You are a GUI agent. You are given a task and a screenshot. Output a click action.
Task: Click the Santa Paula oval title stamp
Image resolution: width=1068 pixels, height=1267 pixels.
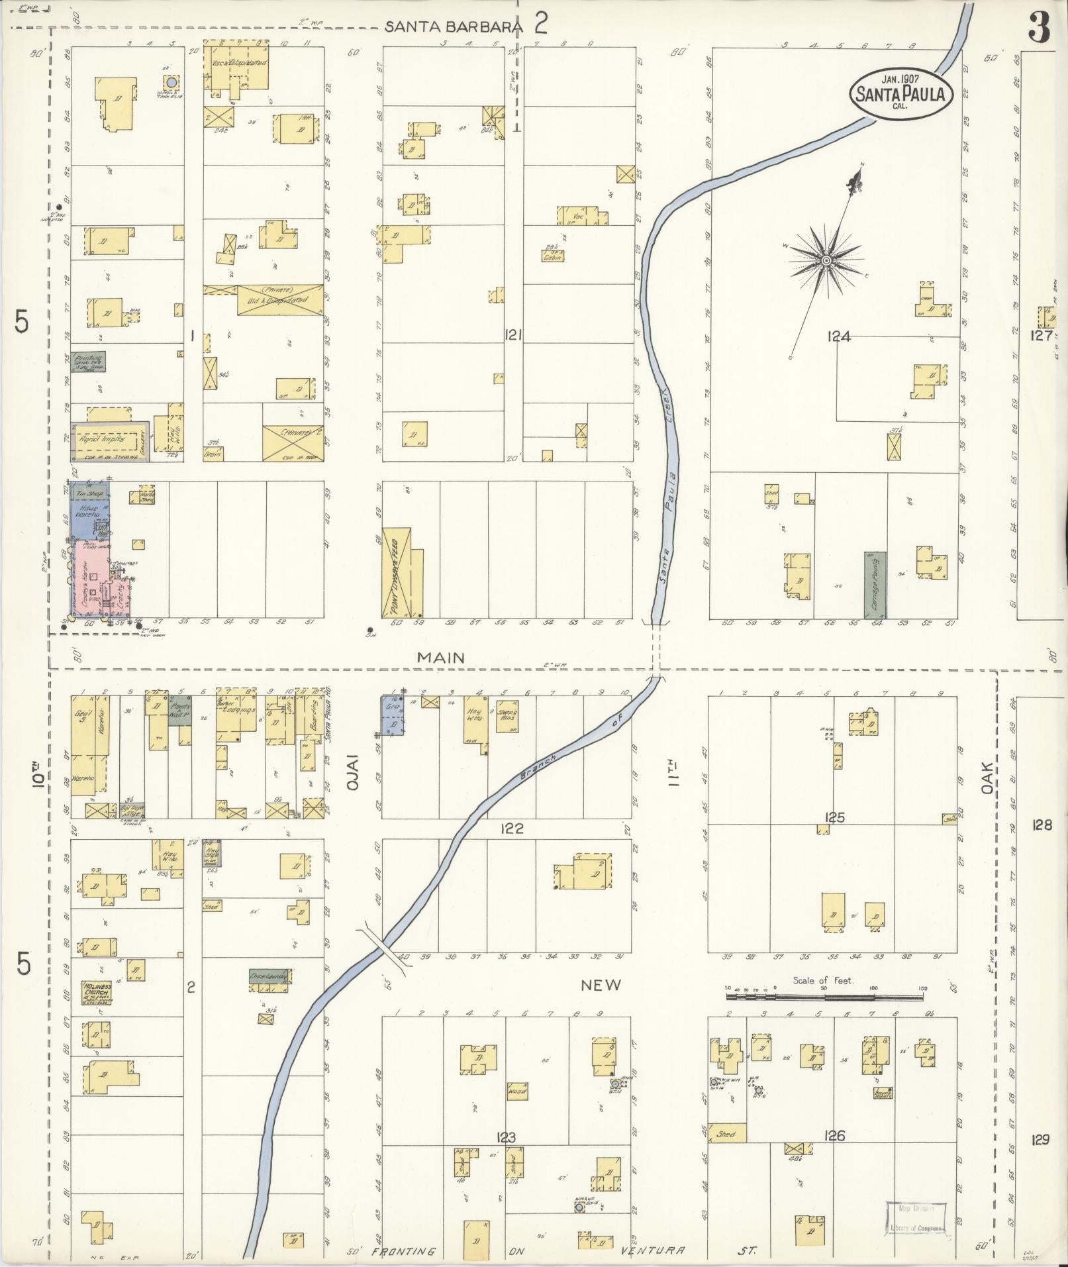[901, 93]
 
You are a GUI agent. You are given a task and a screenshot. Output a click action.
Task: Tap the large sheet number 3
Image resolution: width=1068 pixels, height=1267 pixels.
[1040, 28]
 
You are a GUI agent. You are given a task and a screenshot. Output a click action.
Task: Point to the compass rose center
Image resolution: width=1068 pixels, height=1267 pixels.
[826, 260]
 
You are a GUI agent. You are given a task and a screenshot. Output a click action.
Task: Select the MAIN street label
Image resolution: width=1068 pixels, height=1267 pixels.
[440, 658]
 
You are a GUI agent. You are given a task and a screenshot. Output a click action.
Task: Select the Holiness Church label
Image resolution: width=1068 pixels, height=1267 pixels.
[97, 993]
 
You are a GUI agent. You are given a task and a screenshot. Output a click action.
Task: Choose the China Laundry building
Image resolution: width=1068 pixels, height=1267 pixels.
[268, 976]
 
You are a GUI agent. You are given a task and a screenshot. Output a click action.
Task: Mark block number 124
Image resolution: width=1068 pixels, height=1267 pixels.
[838, 336]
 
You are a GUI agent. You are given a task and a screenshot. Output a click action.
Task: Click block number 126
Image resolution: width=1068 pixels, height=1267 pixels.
[834, 1137]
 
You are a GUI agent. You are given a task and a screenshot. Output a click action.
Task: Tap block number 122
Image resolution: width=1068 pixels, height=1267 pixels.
[512, 828]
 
